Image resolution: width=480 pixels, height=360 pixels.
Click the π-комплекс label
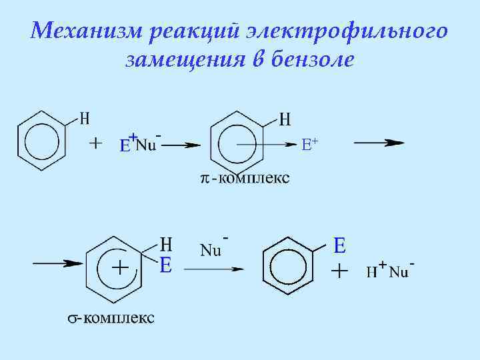pyautogui.click(x=245, y=178)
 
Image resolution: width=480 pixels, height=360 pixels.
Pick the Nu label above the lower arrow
pyautogui.click(x=211, y=251)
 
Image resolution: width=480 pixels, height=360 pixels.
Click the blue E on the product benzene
pyautogui.click(x=339, y=246)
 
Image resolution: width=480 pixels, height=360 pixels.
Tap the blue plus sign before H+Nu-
pyautogui.click(x=340, y=271)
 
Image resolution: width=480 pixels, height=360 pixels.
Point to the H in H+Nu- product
pyautogui.click(x=371, y=272)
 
